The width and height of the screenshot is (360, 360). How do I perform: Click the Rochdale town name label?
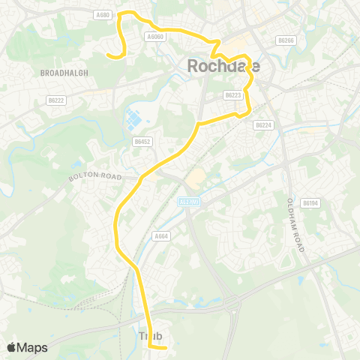(x=223, y=67)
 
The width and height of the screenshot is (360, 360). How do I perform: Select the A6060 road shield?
(x=155, y=35)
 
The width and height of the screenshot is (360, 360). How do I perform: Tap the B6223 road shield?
(x=232, y=95)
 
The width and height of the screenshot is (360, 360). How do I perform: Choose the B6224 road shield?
(x=262, y=125)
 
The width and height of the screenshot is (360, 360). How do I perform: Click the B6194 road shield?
(x=310, y=202)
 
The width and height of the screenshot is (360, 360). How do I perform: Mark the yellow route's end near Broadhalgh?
(x=108, y=54)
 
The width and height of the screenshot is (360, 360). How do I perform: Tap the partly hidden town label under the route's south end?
(x=151, y=336)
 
